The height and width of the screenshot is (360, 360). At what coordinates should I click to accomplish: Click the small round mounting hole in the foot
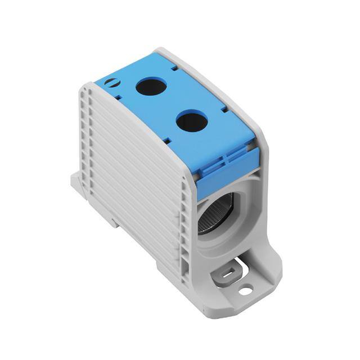click(245, 291)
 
